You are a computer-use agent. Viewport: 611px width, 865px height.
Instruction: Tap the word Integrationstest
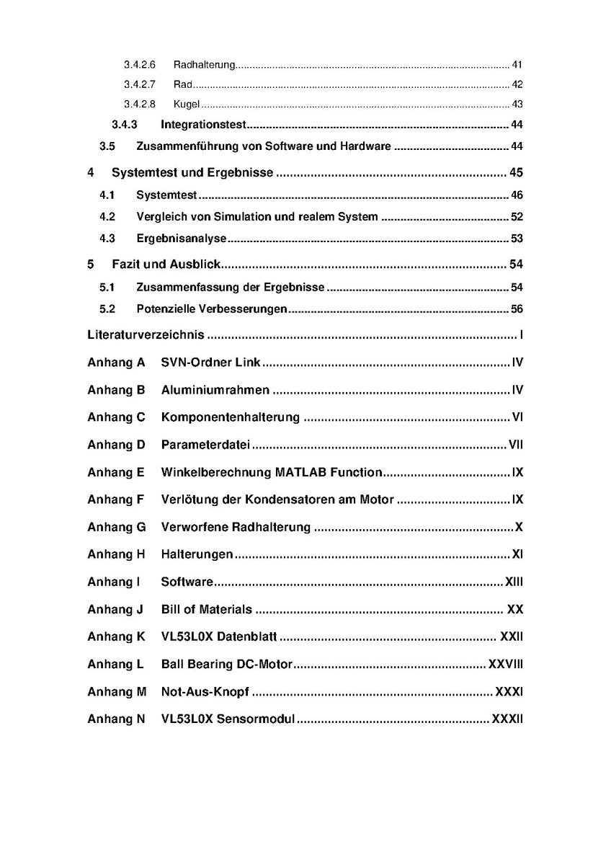point(204,125)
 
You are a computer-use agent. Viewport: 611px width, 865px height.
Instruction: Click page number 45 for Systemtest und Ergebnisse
point(515,173)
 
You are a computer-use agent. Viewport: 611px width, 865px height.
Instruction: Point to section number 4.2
point(107,217)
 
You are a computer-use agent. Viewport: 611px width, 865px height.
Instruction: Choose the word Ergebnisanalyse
point(182,239)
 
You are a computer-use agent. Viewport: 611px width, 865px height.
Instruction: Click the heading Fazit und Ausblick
point(166,265)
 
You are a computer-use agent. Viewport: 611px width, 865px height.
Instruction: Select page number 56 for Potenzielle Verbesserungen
point(517,309)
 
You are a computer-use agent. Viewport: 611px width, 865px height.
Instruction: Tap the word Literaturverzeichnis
point(146,335)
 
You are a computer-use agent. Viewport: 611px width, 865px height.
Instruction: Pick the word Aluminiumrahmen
point(215,390)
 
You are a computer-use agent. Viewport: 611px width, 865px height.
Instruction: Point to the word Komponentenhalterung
point(231,417)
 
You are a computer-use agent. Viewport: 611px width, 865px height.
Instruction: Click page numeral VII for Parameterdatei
point(516,445)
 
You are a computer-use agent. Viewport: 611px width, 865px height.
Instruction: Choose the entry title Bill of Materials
point(207,609)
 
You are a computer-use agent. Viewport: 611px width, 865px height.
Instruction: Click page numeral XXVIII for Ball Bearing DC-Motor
point(506,664)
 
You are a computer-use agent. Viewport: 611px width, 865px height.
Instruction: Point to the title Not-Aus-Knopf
point(205,691)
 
